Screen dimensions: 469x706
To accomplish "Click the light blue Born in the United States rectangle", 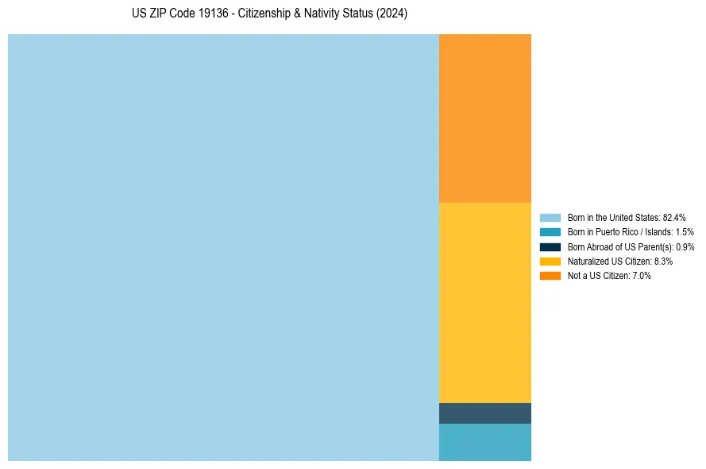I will [223, 247].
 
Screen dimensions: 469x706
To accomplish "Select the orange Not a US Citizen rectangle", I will [484, 118].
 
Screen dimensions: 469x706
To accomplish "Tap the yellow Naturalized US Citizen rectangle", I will [484, 303].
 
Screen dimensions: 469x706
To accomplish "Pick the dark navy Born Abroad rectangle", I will [484, 413].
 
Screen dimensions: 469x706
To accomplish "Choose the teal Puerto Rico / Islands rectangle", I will [484, 442].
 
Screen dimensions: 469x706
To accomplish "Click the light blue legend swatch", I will [550, 217].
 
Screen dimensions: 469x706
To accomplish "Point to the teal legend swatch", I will [550, 232].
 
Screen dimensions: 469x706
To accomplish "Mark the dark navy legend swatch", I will [550, 246].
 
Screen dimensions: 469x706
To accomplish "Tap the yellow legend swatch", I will [550, 261].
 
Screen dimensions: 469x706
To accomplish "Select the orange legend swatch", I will [550, 276].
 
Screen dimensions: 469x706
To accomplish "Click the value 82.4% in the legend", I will [674, 217].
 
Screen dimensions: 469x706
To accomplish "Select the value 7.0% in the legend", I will [642, 276].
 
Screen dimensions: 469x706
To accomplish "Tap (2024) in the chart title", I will [392, 14].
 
